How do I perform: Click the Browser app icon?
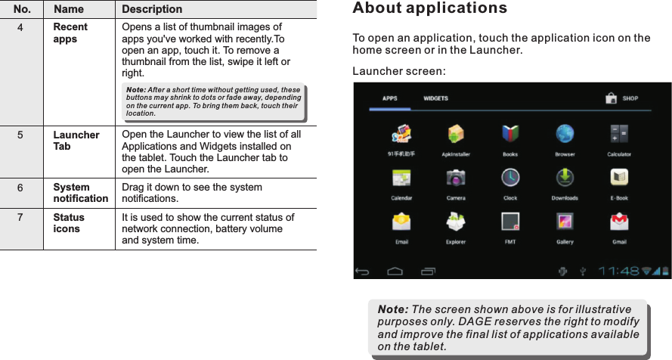(x=565, y=135)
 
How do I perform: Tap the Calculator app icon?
(x=619, y=135)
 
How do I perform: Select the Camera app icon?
(x=456, y=178)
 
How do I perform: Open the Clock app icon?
(x=510, y=178)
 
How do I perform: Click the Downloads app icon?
(x=565, y=178)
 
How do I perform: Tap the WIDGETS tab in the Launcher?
(x=435, y=98)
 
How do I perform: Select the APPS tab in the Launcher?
(x=390, y=98)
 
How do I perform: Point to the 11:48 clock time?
(x=619, y=270)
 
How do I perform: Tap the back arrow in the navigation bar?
(x=364, y=271)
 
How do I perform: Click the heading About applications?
(x=430, y=9)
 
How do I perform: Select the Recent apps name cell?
(x=70, y=33)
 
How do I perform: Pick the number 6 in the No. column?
(x=21, y=187)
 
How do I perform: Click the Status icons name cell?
(x=68, y=222)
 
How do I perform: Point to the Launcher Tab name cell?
(x=76, y=140)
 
